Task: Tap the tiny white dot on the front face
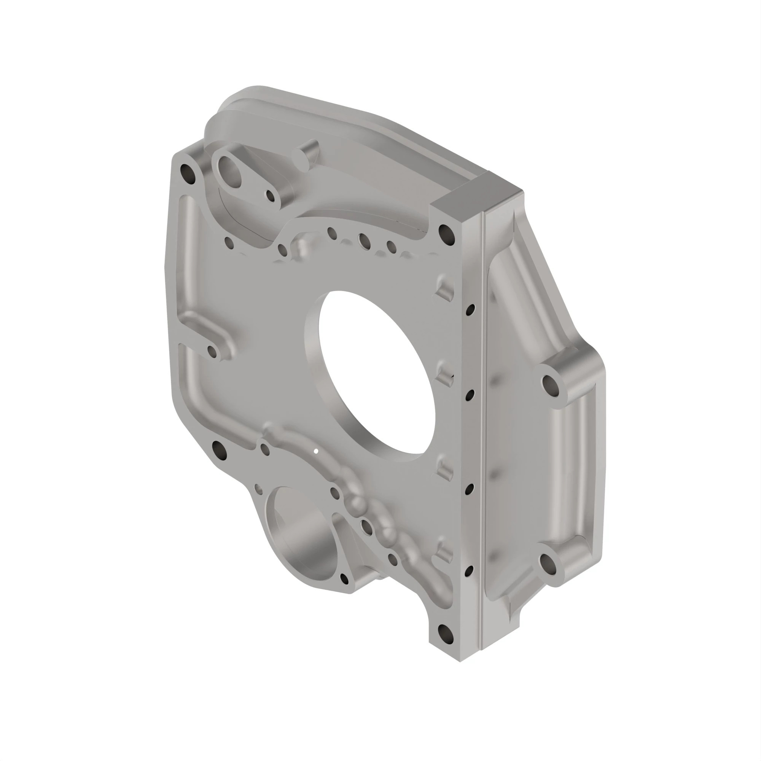point(315,451)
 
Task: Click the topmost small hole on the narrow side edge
point(470,310)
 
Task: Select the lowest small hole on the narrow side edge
point(469,571)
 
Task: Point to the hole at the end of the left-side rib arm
point(212,350)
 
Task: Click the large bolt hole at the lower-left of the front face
point(219,449)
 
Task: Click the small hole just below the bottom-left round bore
point(344,579)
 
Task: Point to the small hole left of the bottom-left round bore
point(258,489)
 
